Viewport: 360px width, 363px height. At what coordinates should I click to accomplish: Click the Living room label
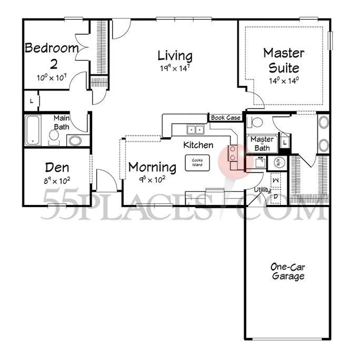coord(175,56)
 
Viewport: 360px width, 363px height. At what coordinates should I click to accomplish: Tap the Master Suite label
coord(284,60)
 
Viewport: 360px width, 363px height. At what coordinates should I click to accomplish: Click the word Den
coord(57,168)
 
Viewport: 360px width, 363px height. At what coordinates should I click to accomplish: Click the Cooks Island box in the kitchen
coord(197,162)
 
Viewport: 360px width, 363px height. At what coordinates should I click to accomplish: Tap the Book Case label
coord(226,118)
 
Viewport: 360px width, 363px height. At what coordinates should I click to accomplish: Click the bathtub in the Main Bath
coord(33,130)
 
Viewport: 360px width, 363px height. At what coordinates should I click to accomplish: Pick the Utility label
coord(262,190)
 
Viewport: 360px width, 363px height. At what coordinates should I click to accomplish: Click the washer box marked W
coord(276,180)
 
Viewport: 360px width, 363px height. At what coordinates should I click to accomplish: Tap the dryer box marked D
coord(276,196)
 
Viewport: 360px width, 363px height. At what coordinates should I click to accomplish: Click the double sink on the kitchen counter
coord(195,130)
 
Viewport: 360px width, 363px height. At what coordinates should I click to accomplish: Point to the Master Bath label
coord(262,143)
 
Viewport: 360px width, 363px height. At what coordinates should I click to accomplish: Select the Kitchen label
coord(198,145)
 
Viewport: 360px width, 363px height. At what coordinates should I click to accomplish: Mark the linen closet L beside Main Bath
coord(32,101)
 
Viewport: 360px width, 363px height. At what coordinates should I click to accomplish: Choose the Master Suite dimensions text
coord(284,81)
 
